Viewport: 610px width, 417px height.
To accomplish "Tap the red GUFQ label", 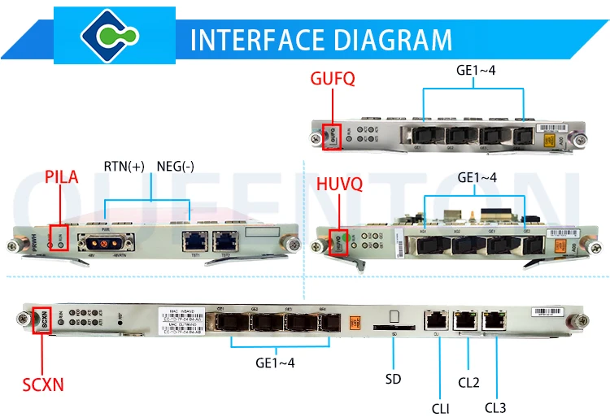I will pos(333,79).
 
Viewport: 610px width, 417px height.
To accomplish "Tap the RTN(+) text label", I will pos(123,167).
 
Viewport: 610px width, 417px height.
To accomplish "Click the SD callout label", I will pos(393,378).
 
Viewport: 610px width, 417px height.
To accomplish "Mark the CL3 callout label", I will pos(496,406).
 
